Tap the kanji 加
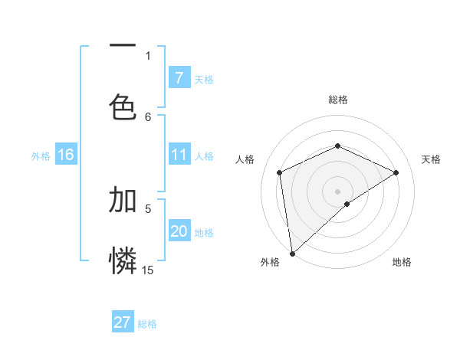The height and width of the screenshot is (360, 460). [x=123, y=200]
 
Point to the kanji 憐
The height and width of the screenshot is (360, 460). [x=123, y=260]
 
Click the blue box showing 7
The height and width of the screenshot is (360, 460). [x=179, y=78]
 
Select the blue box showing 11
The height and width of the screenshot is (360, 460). [x=179, y=155]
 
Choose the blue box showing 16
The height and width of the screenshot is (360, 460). [x=66, y=155]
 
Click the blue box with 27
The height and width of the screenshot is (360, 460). [x=123, y=322]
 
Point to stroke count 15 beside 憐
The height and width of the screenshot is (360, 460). [x=148, y=270]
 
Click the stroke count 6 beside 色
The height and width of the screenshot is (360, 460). [x=148, y=116]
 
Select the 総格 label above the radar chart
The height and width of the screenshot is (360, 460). [x=338, y=100]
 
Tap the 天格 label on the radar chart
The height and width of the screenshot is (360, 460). [x=431, y=159]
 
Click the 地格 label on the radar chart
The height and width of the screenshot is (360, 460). [x=402, y=262]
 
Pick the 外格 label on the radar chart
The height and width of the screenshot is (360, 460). [x=270, y=262]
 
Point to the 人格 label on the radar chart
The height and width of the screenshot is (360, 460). [x=245, y=159]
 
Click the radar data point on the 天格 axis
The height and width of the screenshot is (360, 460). [x=396, y=172]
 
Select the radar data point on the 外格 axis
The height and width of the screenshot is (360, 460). [x=292, y=253]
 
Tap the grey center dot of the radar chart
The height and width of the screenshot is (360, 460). [x=338, y=191]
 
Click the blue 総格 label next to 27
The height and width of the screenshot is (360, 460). [x=148, y=324]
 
